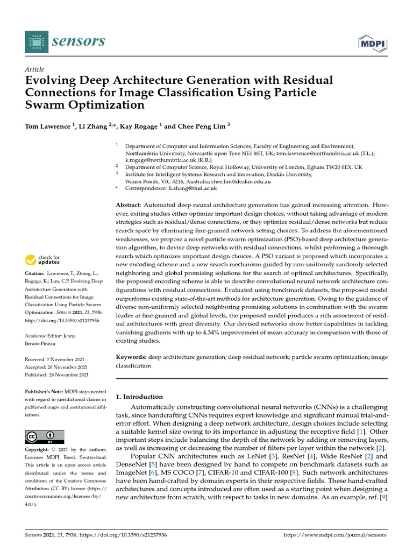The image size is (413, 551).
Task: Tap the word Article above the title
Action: (x=34, y=69)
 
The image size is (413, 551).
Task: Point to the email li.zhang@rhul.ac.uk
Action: (x=193, y=188)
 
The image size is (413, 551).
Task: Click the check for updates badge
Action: (x=43, y=260)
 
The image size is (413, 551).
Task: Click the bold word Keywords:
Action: (x=132, y=357)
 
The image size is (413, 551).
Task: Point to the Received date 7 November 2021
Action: (x=57, y=359)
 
